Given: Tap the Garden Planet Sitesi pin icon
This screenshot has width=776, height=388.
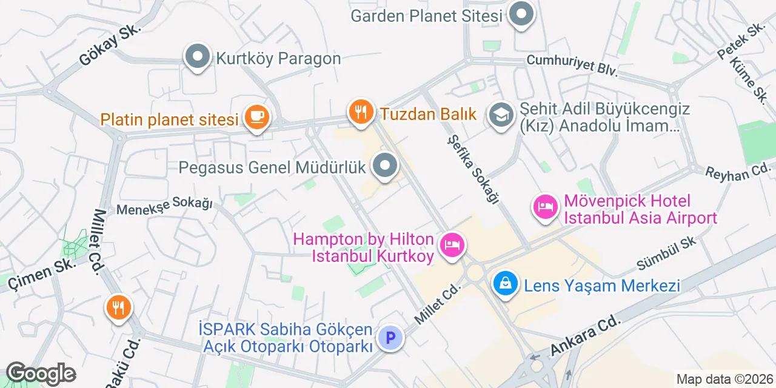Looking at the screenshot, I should pyautogui.click(x=520, y=15).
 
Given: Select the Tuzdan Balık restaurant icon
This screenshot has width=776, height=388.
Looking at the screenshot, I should pyautogui.click(x=361, y=112).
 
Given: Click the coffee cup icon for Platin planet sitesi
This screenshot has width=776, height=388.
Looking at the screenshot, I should pyautogui.click(x=256, y=117).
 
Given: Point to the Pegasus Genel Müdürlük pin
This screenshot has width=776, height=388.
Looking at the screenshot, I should pyautogui.click(x=384, y=166).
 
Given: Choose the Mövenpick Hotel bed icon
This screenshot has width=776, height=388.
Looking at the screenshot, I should pyautogui.click(x=545, y=207).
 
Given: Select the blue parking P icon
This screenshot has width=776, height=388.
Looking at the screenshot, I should pyautogui.click(x=390, y=337).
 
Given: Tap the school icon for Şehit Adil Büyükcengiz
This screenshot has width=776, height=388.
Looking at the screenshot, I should pyautogui.click(x=501, y=115).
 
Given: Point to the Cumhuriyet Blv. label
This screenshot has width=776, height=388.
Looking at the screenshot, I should pyautogui.click(x=572, y=65).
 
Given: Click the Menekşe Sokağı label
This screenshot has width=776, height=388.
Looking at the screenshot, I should pyautogui.click(x=164, y=206).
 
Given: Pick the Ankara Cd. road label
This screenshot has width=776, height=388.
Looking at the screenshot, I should pyautogui.click(x=585, y=335).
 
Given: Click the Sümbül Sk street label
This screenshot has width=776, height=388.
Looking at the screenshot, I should pyautogui.click(x=666, y=254).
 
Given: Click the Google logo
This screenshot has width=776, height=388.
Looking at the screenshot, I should pyautogui.click(x=40, y=374).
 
